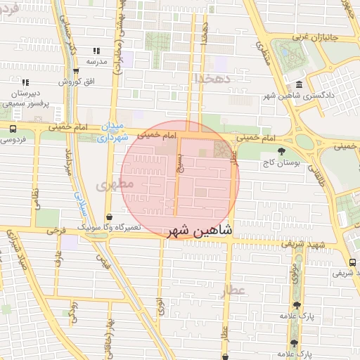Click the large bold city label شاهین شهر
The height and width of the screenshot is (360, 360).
pyautogui.click(x=200, y=230)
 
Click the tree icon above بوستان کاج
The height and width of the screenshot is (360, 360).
pyautogui.click(x=282, y=150)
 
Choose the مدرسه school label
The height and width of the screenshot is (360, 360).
pyautogui.click(x=96, y=61)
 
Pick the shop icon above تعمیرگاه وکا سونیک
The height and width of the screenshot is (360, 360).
pyautogui.click(x=108, y=217)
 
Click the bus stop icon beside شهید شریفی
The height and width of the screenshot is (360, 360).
pyautogui.click(x=352, y=262)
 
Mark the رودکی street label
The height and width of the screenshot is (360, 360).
pyautogui.click(x=74, y=309)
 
